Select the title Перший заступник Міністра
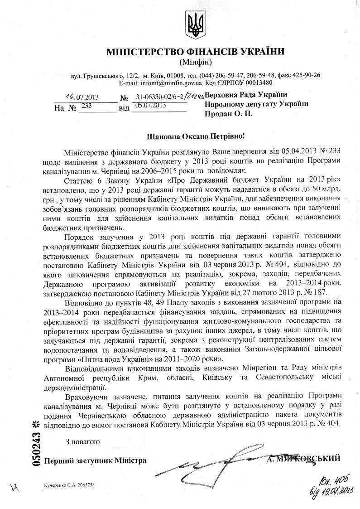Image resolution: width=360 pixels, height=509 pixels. point(95,461)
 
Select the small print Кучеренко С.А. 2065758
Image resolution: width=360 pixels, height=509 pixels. point(69,485)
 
